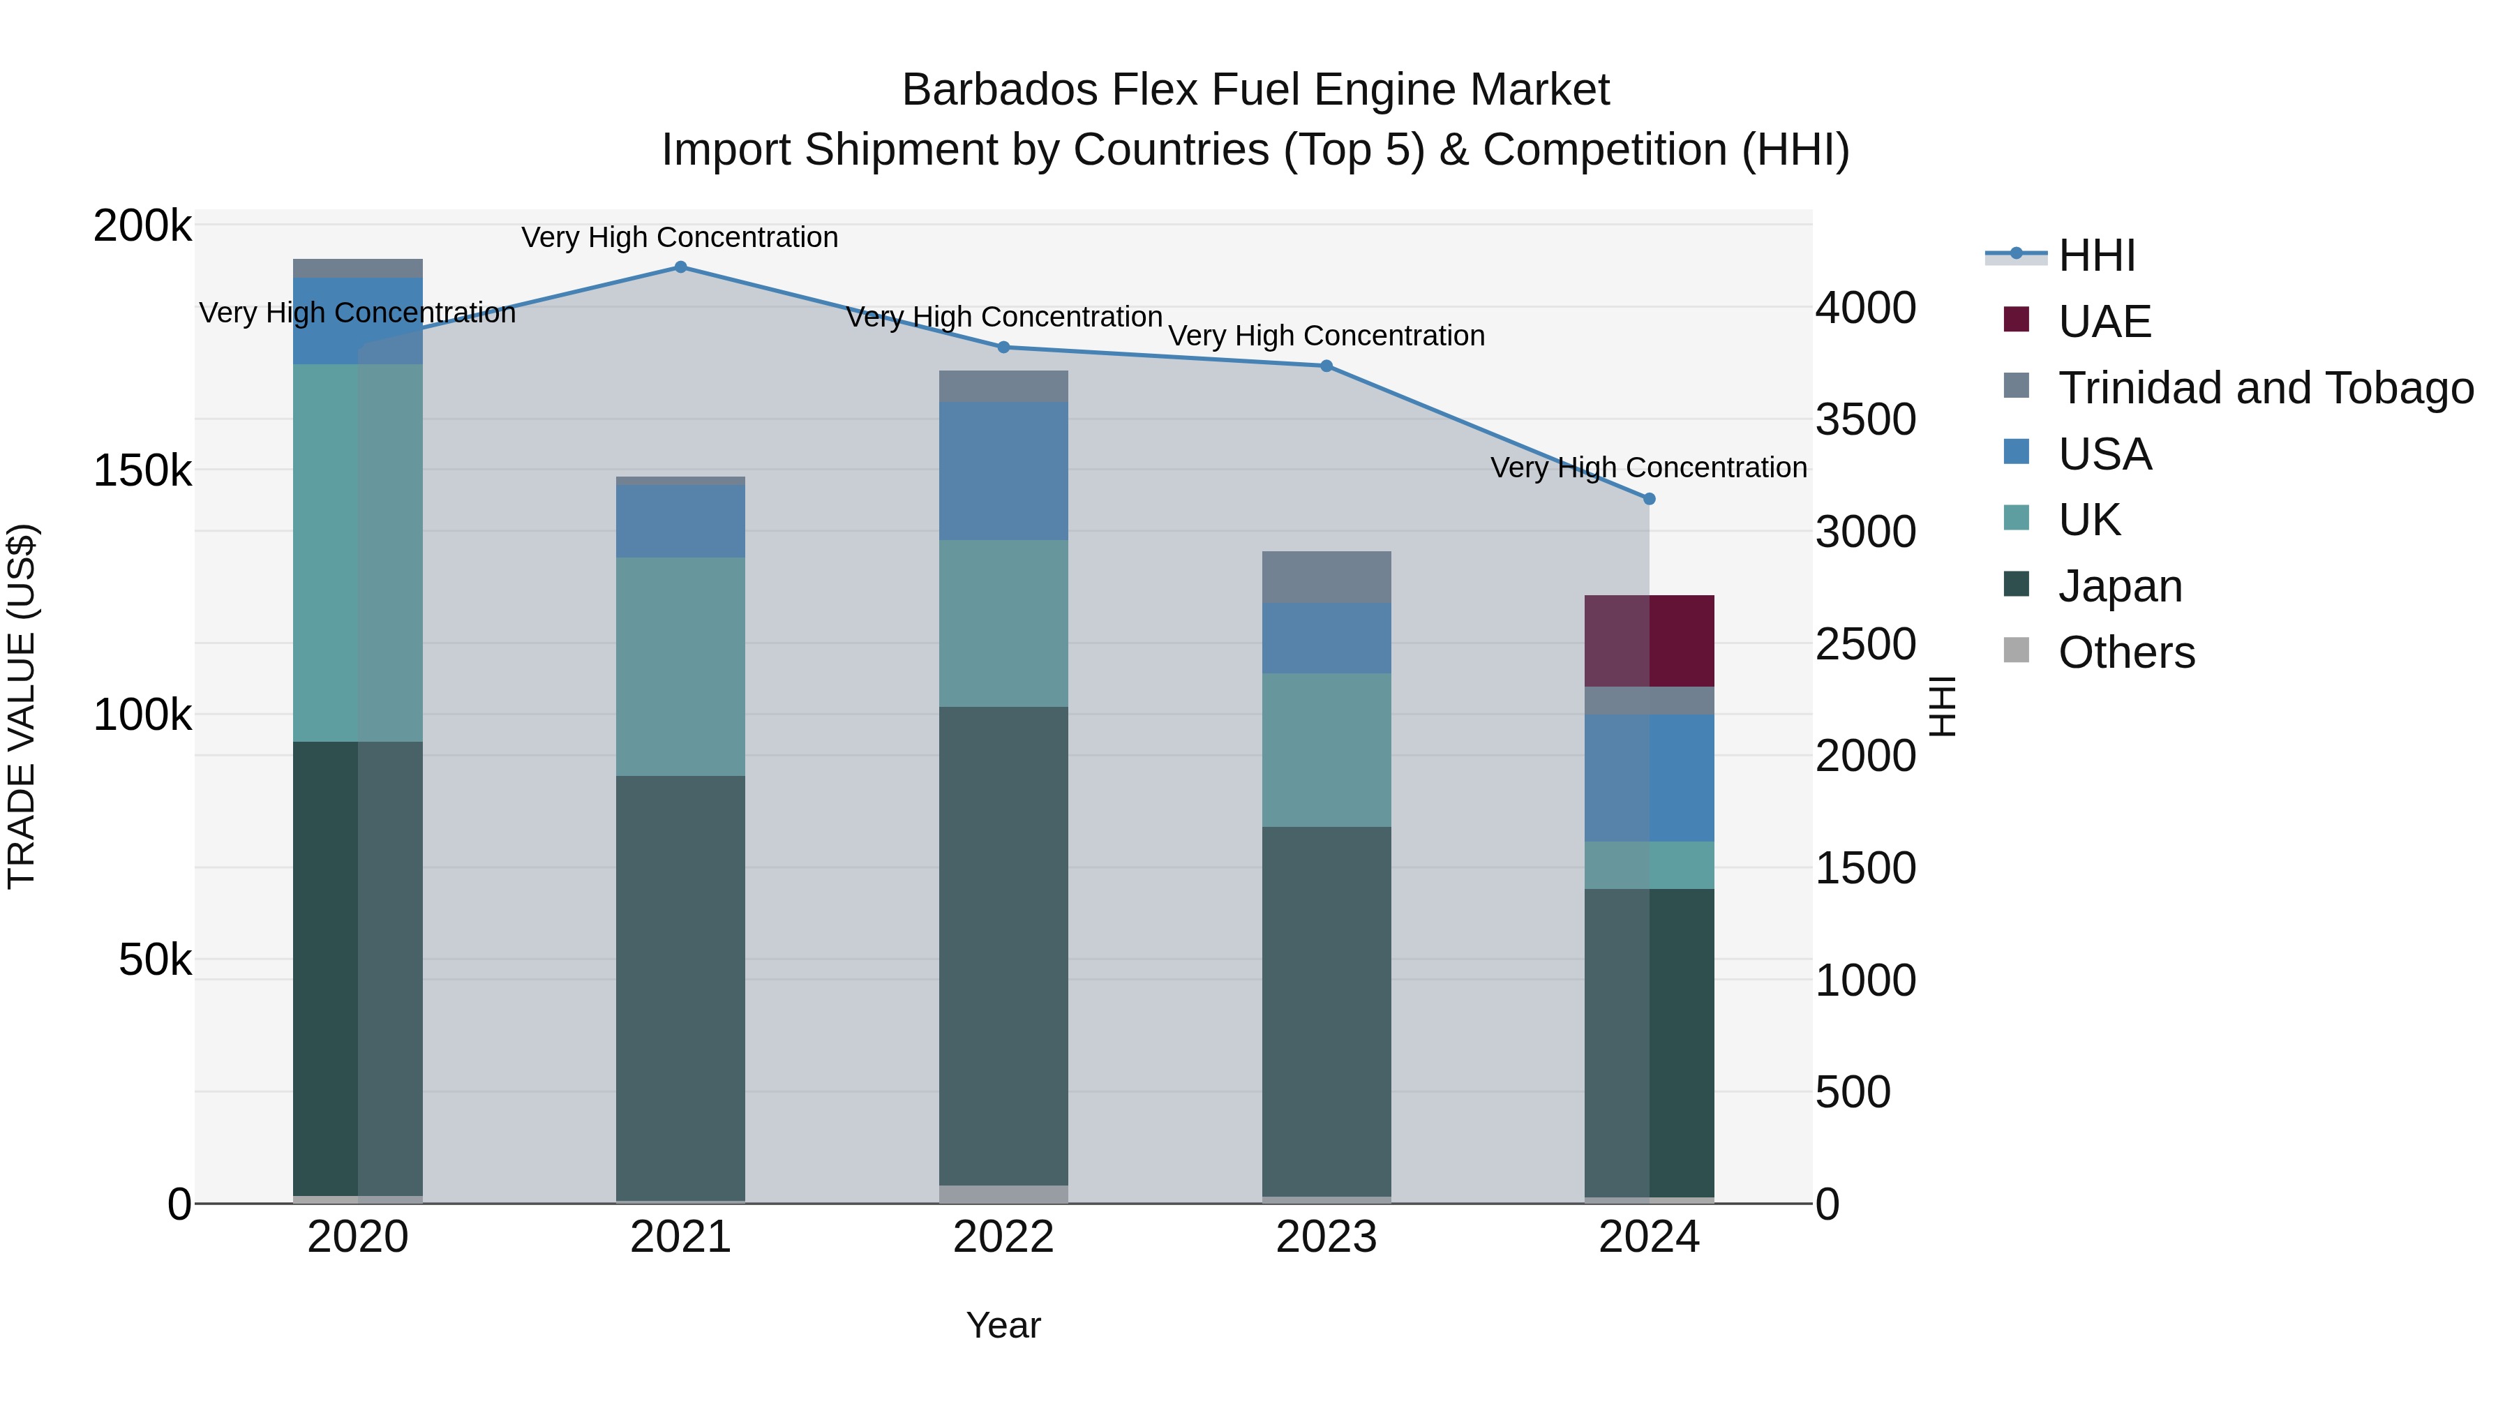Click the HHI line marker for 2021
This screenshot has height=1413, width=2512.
(680, 267)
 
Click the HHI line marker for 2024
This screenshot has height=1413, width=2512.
(1649, 500)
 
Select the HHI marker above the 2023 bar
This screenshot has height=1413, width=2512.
(1326, 366)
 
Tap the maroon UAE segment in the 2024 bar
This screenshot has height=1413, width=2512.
(1649, 641)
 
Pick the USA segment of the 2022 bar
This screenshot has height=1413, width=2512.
(1003, 471)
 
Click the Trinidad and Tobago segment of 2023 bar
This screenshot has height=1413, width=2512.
(1326, 577)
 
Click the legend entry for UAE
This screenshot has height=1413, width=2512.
(2104, 322)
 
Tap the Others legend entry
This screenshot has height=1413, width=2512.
(2126, 652)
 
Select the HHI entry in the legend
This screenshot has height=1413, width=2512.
(2097, 255)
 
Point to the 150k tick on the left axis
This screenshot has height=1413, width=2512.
(142, 471)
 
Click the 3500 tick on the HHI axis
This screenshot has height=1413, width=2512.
(1865, 420)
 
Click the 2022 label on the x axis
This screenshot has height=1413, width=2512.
(1003, 1237)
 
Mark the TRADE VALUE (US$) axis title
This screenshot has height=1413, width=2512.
(22, 706)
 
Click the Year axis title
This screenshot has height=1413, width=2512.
(1003, 1325)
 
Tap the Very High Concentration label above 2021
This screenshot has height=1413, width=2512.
(680, 237)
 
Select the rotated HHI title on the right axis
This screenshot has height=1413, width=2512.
(1943, 706)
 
